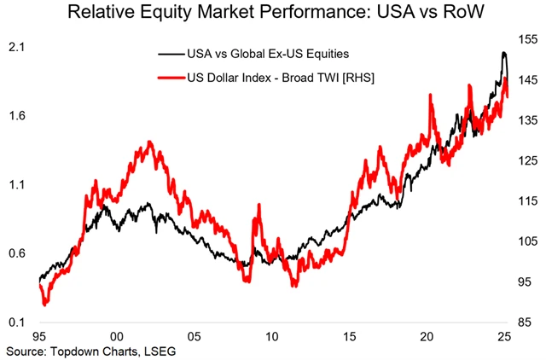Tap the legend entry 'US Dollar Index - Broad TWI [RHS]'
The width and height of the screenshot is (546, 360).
pyautogui.click(x=282, y=78)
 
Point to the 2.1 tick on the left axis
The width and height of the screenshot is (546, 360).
pyautogui.click(x=15, y=48)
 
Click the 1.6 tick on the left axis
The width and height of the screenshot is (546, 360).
pyautogui.click(x=15, y=116)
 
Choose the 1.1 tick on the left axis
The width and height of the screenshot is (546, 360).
pyautogui.click(x=15, y=185)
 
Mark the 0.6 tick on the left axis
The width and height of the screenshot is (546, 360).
pyautogui.click(x=15, y=253)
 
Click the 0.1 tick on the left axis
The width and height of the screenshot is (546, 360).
pyautogui.click(x=15, y=322)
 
